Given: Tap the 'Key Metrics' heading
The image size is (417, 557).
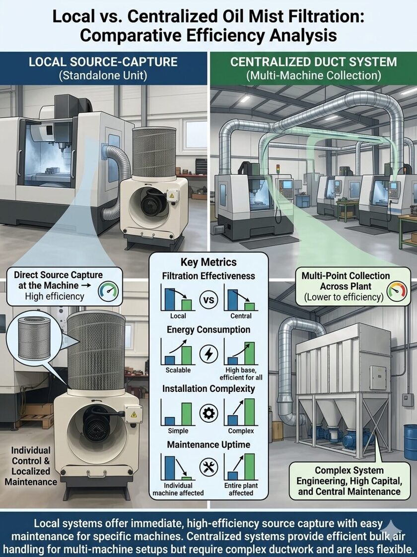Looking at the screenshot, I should tap(208, 262).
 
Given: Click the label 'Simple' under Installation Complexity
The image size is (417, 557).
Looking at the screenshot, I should tap(178, 431).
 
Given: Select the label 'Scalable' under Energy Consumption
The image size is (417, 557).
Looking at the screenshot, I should tap(178, 371).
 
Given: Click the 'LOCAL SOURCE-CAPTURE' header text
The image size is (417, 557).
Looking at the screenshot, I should tap(104, 62).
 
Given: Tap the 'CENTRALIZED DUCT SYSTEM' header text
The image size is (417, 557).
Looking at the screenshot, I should tap(313, 62).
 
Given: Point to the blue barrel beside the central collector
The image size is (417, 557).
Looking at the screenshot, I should tap(410, 442).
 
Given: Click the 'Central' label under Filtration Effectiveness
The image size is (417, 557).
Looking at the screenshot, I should tap(241, 316).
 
